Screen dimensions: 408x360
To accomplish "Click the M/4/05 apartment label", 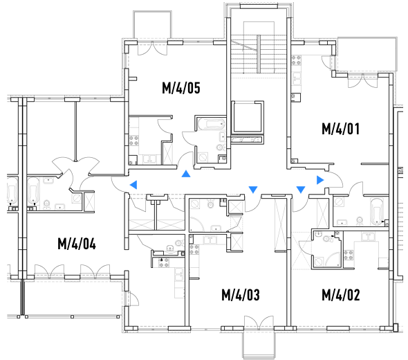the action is click(x=181, y=88).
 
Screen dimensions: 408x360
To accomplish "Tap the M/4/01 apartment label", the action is click(x=341, y=129).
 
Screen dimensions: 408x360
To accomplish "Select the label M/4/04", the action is click(x=77, y=244).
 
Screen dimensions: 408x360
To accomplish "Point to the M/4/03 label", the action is click(x=241, y=295).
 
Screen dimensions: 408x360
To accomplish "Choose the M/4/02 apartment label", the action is click(x=341, y=295).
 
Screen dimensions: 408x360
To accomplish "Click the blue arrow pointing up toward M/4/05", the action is click(x=186, y=174).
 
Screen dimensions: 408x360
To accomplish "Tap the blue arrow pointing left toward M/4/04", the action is click(x=133, y=185).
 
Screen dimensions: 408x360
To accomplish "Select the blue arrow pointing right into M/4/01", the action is click(x=320, y=180).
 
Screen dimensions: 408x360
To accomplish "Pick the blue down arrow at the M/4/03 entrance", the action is click(x=253, y=190).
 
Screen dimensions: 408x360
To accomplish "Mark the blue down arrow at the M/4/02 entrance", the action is click(x=301, y=190).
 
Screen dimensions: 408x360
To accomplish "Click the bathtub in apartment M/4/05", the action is click(x=212, y=124).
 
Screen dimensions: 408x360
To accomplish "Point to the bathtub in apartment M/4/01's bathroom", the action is click(x=376, y=212).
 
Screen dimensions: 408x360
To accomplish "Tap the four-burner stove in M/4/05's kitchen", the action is click(x=134, y=141).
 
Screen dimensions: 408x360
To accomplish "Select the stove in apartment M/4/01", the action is click(x=296, y=60).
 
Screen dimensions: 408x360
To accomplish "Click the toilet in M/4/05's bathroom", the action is click(x=221, y=147).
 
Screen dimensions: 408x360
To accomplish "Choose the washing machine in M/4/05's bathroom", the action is click(x=203, y=157).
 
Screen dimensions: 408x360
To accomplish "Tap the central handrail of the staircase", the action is click(x=259, y=54).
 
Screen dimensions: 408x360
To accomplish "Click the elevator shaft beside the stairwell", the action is click(x=247, y=117).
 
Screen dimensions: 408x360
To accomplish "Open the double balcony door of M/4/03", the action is click(x=259, y=323).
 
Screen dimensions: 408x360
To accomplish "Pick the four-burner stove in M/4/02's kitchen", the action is click(x=349, y=255).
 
